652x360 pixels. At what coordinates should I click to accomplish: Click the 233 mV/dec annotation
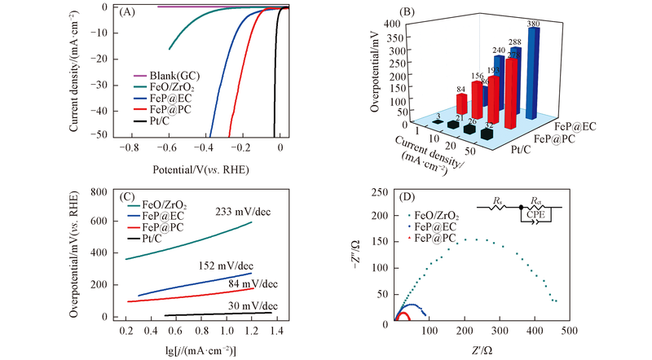pyautogui.click(x=241, y=210)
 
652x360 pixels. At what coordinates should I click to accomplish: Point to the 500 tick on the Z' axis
pyautogui.click(x=568, y=332)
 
